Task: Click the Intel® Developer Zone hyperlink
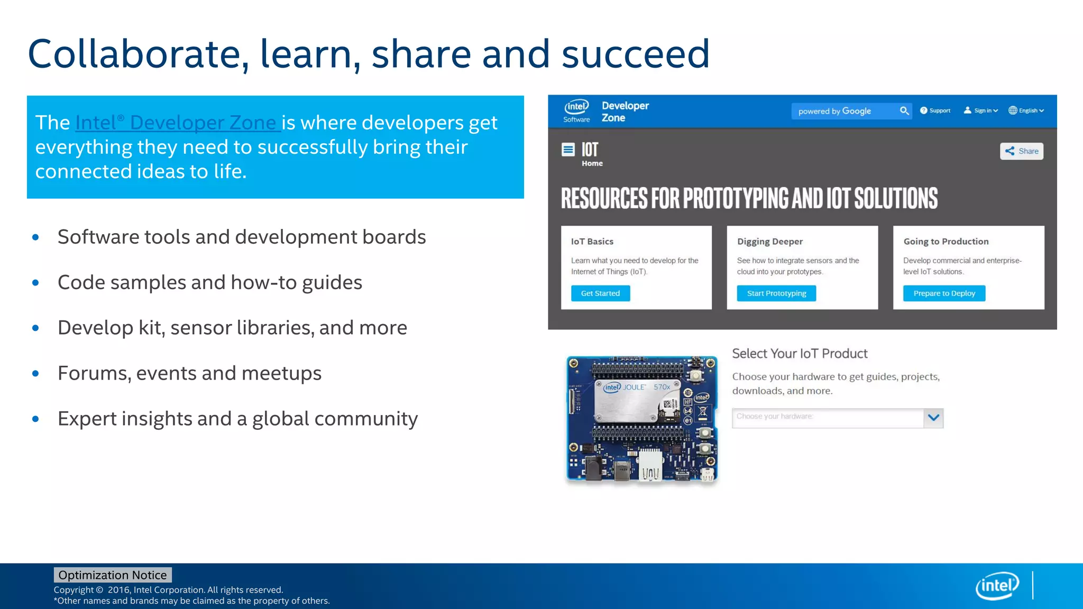tap(177, 123)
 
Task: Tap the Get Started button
tap(600, 293)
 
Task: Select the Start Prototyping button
tap(776, 293)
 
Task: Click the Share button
tap(1021, 151)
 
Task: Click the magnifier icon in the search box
tap(904, 111)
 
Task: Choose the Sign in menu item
tap(981, 110)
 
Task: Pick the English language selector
tap(1026, 110)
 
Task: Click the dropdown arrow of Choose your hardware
tap(933, 418)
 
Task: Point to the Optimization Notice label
tap(112, 575)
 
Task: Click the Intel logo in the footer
tap(997, 585)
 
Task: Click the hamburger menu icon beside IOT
tap(568, 150)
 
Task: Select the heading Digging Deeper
tap(769, 242)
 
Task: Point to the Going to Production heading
tap(946, 242)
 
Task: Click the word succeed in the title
tap(635, 54)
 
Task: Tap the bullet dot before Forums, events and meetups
tap(35, 373)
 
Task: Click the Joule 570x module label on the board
tap(637, 387)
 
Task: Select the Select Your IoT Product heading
tap(800, 354)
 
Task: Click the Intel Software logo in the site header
tap(576, 111)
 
